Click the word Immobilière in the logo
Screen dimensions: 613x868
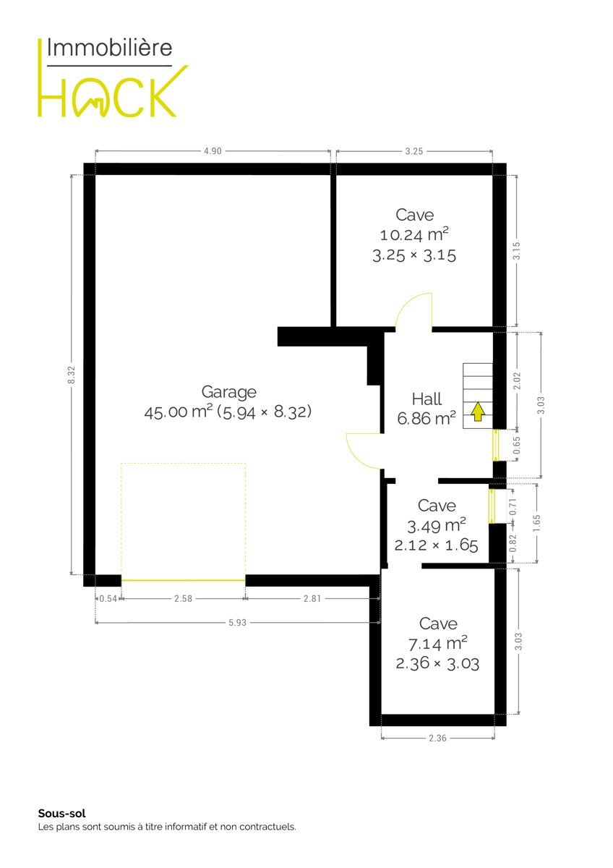coord(109,48)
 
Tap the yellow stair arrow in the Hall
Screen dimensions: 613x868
coord(479,412)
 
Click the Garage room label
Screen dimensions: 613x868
coord(229,392)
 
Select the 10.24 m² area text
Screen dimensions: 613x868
coord(414,235)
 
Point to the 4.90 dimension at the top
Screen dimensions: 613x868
coord(213,151)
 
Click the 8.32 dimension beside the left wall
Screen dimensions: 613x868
coord(72,375)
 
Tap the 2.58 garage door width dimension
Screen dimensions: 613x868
coord(183,599)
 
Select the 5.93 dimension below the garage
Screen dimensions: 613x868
coord(237,623)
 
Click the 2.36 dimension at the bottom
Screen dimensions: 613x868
coord(437,739)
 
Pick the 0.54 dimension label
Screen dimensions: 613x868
coord(108,599)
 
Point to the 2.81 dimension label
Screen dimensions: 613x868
coord(312,599)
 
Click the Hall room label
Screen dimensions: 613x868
coord(426,399)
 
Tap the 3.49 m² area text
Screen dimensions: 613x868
coord(437,526)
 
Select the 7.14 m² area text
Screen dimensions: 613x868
coord(438,644)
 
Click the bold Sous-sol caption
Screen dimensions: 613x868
coord(62,813)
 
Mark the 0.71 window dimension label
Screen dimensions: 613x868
coord(513,506)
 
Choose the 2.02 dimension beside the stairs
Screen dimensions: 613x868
coord(517,380)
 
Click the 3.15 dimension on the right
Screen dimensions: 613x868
coord(517,251)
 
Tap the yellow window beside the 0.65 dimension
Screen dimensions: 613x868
coord(496,445)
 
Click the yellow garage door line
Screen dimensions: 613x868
coord(183,580)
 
